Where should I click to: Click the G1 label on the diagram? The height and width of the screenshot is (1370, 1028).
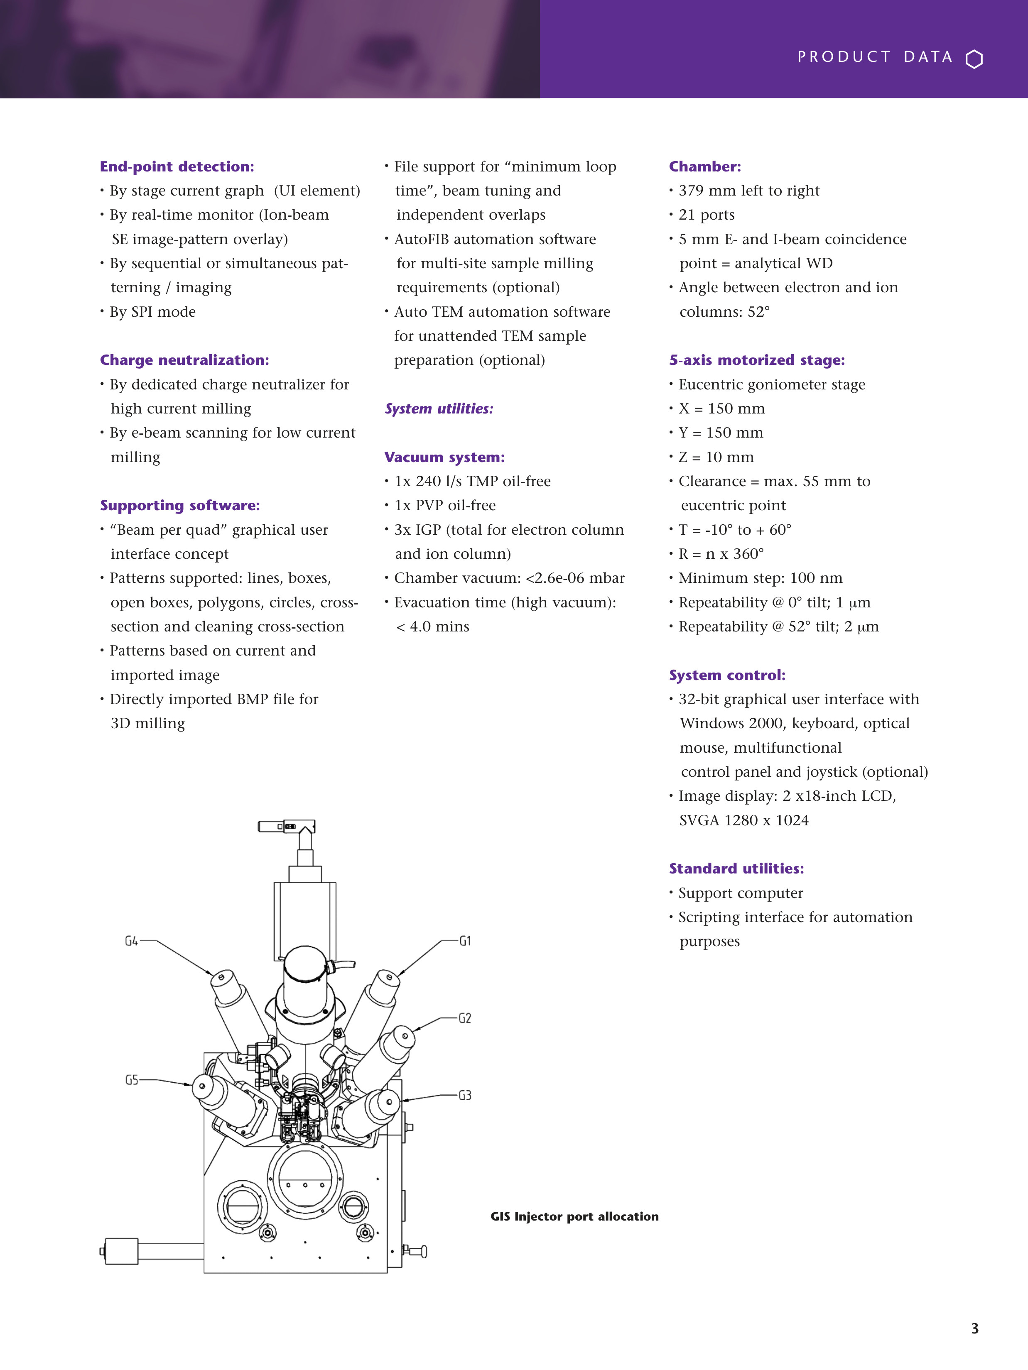point(465,941)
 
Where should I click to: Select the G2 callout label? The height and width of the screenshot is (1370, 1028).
point(465,1018)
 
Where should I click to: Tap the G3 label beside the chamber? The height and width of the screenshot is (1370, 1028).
point(465,1095)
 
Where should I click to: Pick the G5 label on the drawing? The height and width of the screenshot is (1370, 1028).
point(131,1080)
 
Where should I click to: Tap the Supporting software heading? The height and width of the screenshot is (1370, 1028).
point(180,505)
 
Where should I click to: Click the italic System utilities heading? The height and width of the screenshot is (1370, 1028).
point(439,409)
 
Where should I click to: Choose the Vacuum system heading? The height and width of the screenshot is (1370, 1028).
point(444,457)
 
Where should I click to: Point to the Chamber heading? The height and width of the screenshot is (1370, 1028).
point(704,166)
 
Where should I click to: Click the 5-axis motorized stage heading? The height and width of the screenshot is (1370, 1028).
point(757,360)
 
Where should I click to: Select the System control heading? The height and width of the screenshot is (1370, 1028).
point(727,675)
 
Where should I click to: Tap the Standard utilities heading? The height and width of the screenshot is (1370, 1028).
point(736,868)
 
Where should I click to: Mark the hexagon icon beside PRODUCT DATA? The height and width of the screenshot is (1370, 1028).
point(974,59)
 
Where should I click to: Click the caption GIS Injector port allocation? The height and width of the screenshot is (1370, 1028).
point(574,1216)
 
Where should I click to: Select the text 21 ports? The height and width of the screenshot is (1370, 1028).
point(707,215)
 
